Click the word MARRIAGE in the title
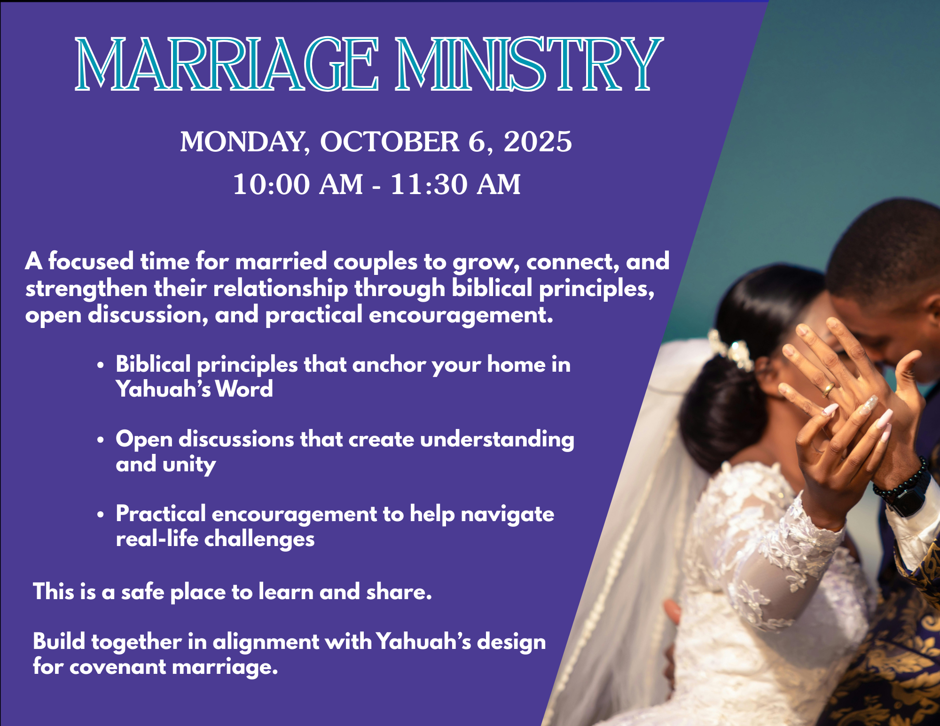pos(227,64)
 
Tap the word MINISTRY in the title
pos(529,64)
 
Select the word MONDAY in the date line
pos(245,142)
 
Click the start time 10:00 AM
pos(298,184)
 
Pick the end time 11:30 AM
pos(455,184)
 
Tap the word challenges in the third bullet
pos(259,539)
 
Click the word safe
pos(143,592)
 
